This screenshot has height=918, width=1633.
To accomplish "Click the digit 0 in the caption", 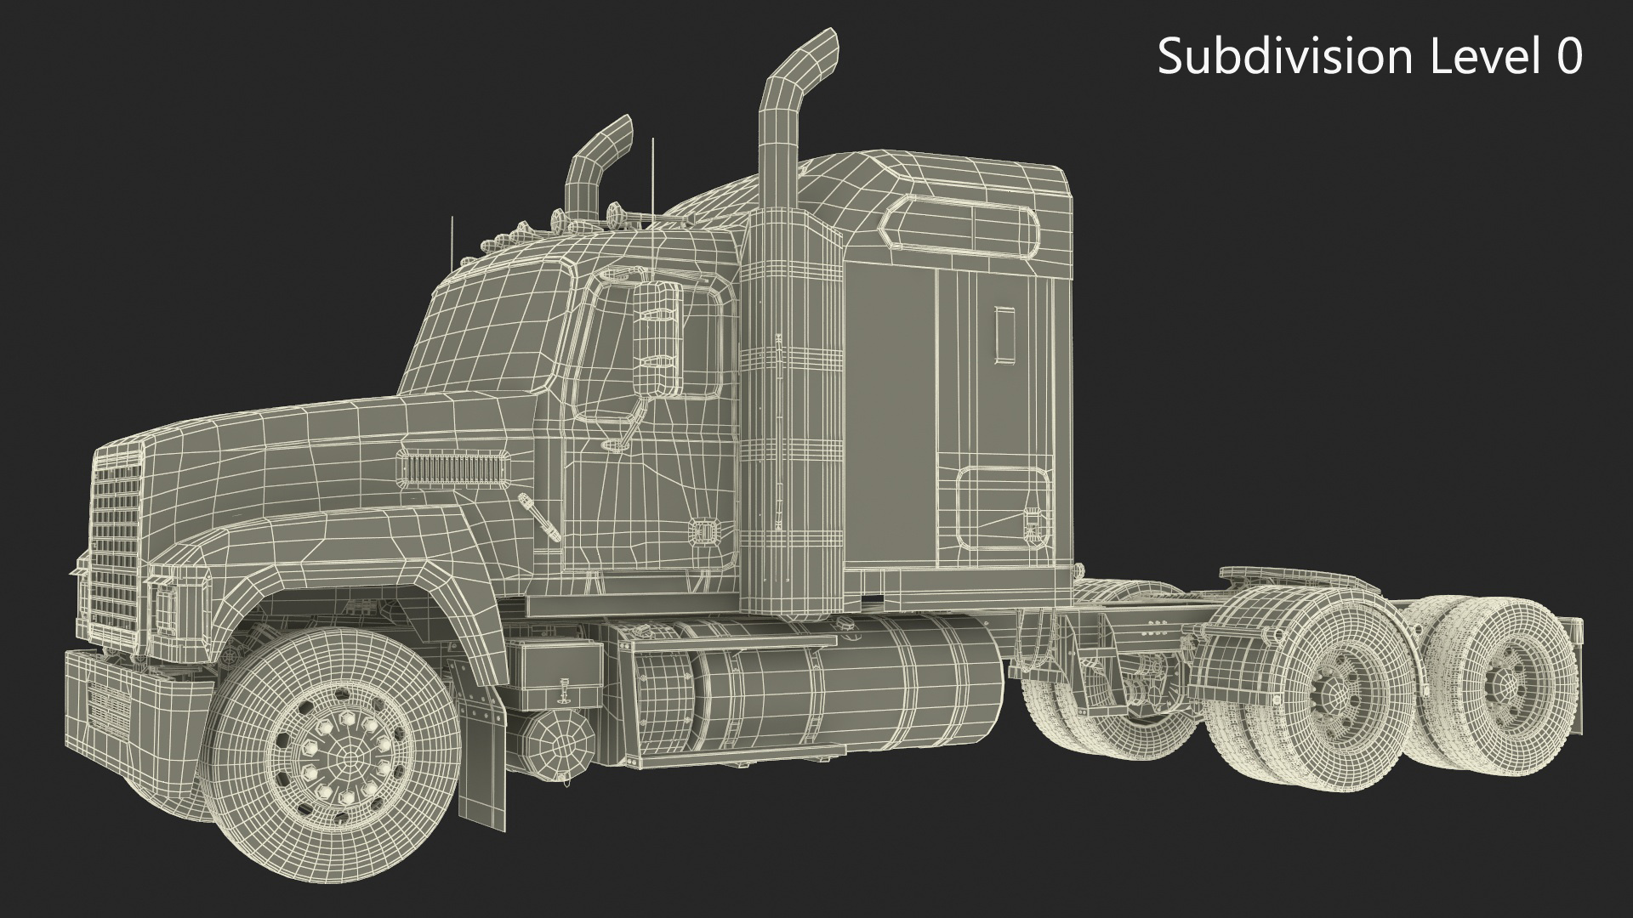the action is [x=1568, y=58].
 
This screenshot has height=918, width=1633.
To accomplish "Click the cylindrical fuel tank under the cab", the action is [x=816, y=680].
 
